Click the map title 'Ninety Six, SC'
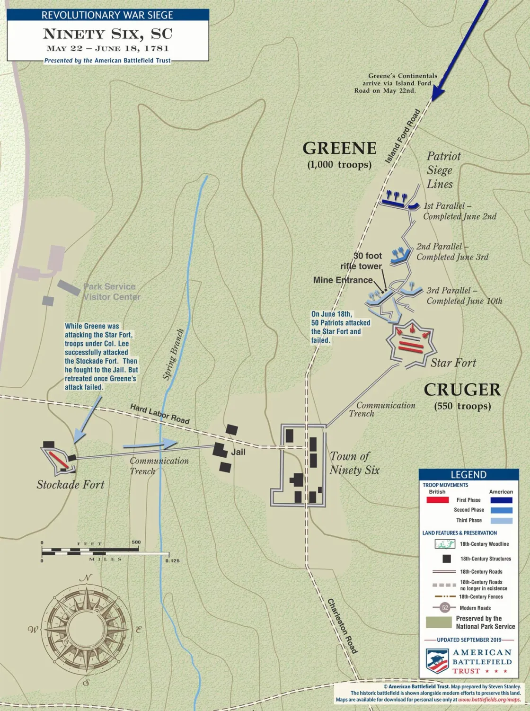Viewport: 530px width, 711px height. pyautogui.click(x=107, y=34)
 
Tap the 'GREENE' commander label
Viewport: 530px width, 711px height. pyautogui.click(x=339, y=149)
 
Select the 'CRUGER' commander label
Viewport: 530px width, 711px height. pyautogui.click(x=462, y=390)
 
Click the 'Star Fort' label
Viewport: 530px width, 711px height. pyautogui.click(x=453, y=363)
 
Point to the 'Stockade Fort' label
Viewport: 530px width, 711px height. pyautogui.click(x=71, y=484)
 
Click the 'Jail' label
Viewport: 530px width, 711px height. pyautogui.click(x=238, y=452)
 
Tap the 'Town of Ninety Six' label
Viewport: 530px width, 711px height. pyautogui.click(x=354, y=463)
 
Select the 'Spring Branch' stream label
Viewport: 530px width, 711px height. pyautogui.click(x=173, y=354)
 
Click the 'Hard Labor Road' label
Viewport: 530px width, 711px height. pyautogui.click(x=160, y=414)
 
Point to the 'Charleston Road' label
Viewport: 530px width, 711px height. pyautogui.click(x=342, y=626)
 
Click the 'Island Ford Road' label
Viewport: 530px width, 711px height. pyautogui.click(x=402, y=136)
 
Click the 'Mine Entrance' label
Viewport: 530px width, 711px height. pyautogui.click(x=343, y=280)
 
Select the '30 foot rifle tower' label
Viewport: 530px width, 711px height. pyautogui.click(x=362, y=261)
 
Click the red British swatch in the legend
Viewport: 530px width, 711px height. pyautogui.click(x=437, y=500)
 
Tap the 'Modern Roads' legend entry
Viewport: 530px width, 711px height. pyautogui.click(x=475, y=608)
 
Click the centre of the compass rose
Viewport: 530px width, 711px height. pyautogui.click(x=85, y=629)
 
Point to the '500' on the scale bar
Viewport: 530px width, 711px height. pyautogui.click(x=136, y=542)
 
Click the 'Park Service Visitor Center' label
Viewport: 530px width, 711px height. pyautogui.click(x=112, y=292)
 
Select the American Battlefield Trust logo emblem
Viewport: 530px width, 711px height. pyautogui.click(x=437, y=661)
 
